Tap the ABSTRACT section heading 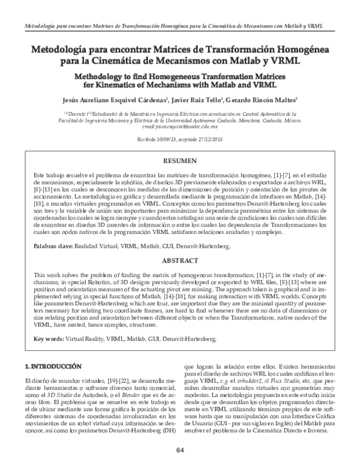[180, 261]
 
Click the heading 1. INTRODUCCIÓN [52, 365]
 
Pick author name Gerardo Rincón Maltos [265, 101]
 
